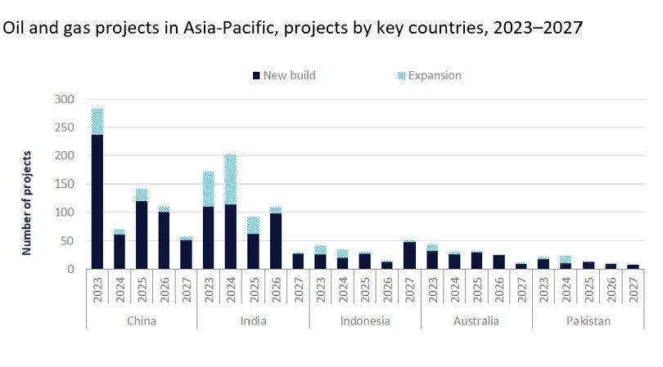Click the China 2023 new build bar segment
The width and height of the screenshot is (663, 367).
coord(97,201)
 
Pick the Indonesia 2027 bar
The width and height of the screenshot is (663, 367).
coord(409,254)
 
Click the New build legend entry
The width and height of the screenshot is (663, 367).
coord(283,75)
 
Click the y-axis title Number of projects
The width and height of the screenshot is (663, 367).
coord(27,202)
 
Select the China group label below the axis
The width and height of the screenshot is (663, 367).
coord(142,320)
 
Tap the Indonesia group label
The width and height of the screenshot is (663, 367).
coord(365,320)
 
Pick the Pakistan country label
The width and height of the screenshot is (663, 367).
coord(588,320)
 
